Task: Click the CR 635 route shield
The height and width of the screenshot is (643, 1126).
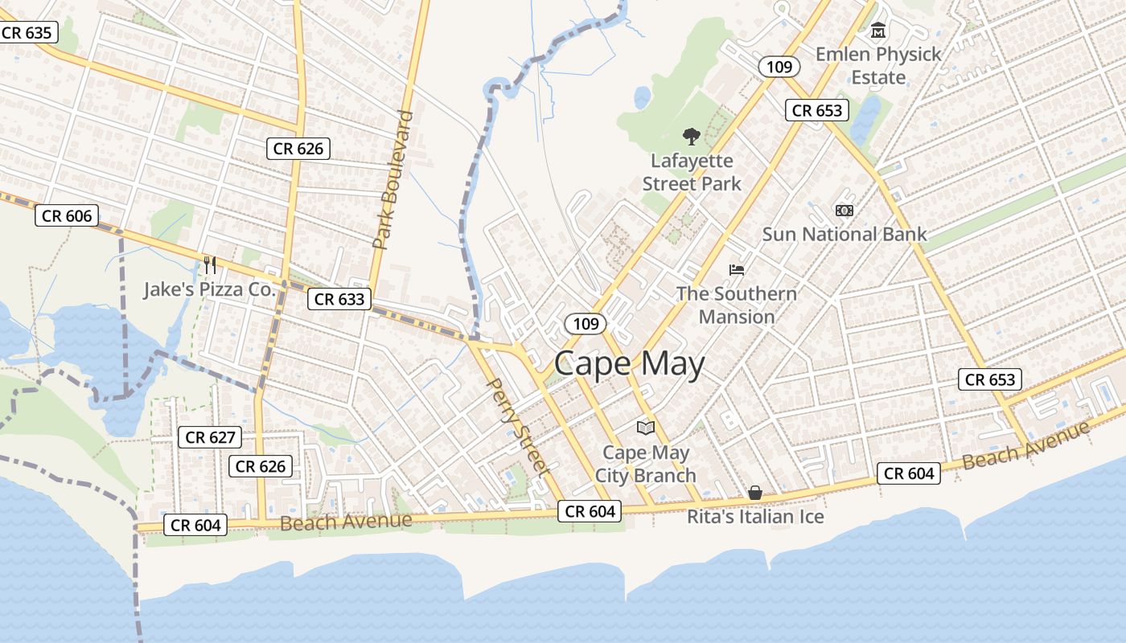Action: (x=27, y=33)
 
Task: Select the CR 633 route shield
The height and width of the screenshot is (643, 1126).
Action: (x=339, y=299)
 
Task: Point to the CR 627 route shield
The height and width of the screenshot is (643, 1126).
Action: (x=210, y=437)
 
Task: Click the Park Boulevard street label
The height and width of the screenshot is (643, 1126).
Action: (x=393, y=179)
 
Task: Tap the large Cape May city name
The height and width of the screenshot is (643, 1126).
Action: (x=629, y=363)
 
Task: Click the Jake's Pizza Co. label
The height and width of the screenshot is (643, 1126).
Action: (x=210, y=289)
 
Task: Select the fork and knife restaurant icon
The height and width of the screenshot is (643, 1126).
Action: (x=210, y=264)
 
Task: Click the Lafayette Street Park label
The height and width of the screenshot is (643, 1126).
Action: (x=692, y=172)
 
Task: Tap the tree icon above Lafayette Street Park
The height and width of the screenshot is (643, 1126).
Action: (x=690, y=137)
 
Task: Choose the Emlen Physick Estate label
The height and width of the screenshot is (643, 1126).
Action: (x=878, y=66)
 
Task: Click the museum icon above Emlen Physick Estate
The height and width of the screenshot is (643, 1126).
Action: (x=878, y=31)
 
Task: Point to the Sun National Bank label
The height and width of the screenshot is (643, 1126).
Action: (x=844, y=234)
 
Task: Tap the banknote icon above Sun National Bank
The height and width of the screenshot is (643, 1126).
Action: (x=844, y=210)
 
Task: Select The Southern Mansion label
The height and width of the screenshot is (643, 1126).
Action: (x=737, y=305)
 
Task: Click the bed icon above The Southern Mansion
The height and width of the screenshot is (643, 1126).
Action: (x=737, y=269)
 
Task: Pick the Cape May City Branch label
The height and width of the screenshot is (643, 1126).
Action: (x=646, y=464)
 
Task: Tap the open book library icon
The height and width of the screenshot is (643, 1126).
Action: (x=646, y=428)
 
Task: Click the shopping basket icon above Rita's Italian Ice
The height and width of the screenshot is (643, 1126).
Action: (x=755, y=492)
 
